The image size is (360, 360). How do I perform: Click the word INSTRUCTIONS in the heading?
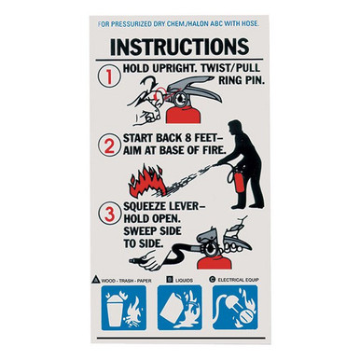coord(179,46)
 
